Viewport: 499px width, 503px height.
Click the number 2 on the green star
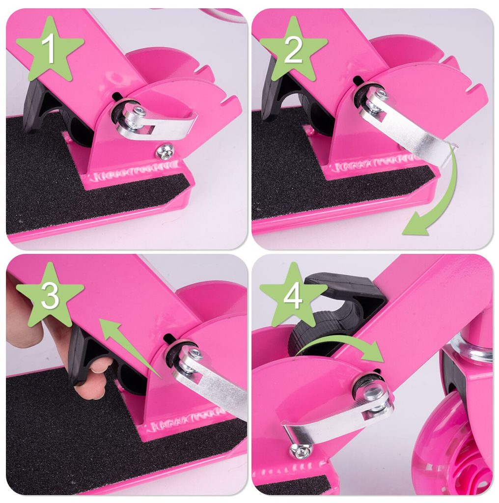coord(293,49)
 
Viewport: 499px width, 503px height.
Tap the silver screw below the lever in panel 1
coord(165,151)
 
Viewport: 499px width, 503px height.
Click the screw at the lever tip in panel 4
coord(301,451)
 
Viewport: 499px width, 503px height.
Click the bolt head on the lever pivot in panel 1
coord(140,111)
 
